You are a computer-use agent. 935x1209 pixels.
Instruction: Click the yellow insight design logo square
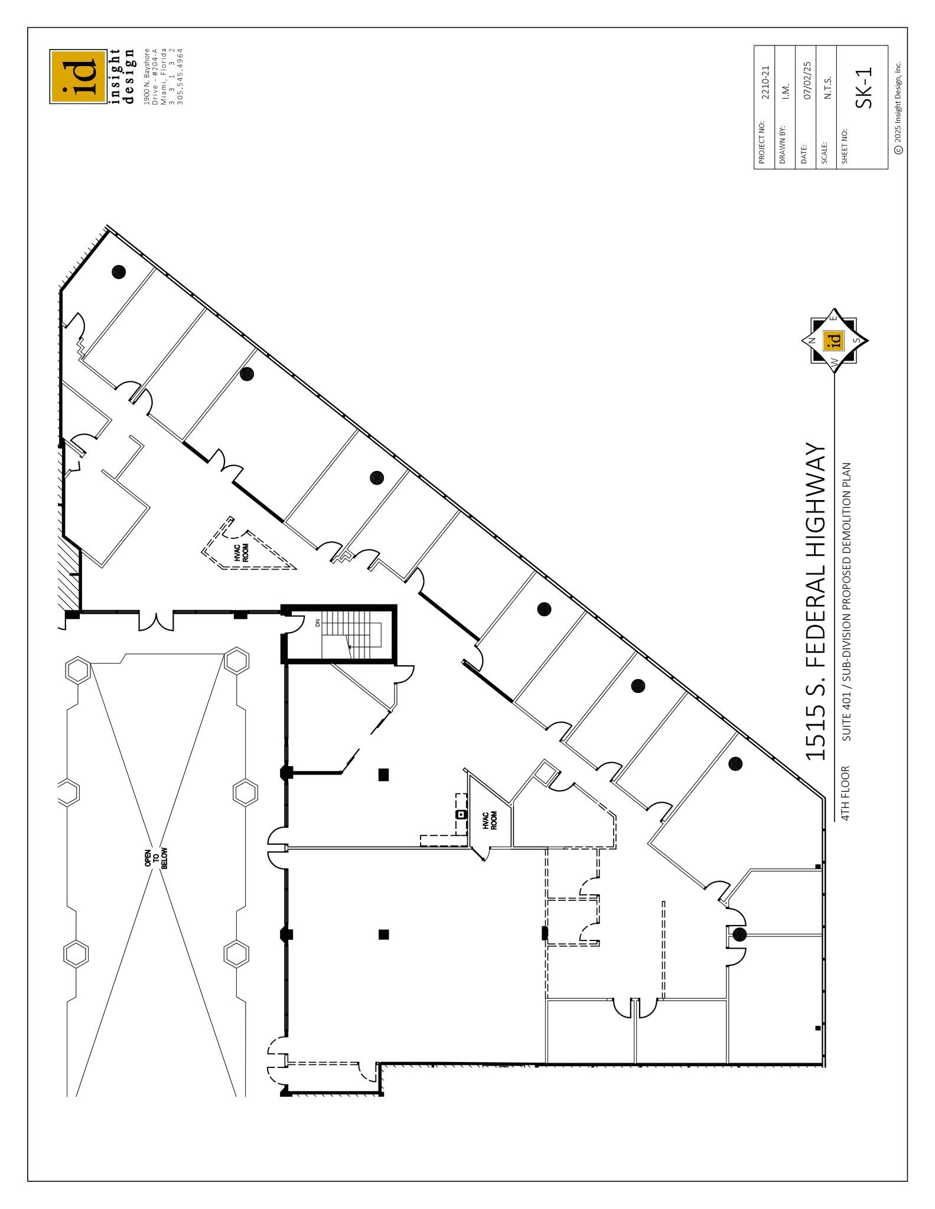pos(78,77)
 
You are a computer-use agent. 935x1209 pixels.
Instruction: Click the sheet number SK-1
pos(864,87)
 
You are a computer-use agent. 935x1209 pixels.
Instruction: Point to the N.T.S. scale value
pos(828,87)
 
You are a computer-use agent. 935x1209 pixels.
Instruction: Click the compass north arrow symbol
pos(834,340)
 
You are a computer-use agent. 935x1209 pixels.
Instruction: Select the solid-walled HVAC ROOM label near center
pos(490,821)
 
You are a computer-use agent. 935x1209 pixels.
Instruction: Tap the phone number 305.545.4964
pos(181,77)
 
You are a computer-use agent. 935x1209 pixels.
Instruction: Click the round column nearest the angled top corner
pos(119,272)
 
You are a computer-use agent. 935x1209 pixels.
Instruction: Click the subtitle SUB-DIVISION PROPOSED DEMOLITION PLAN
pos(846,602)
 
